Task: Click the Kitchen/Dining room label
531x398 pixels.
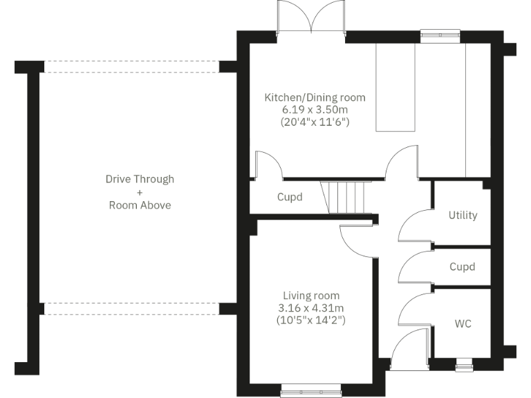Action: (x=315, y=97)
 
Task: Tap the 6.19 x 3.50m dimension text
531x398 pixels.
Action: (x=315, y=110)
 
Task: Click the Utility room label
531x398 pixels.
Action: (x=463, y=215)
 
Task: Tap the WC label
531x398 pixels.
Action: (x=463, y=323)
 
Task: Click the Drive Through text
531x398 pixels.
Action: (x=140, y=179)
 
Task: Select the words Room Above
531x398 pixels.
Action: (x=140, y=205)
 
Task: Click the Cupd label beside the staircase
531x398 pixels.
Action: (x=290, y=197)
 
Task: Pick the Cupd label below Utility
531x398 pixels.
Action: (x=462, y=267)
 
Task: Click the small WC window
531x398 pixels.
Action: (x=463, y=360)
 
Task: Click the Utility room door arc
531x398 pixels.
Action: (x=413, y=225)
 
